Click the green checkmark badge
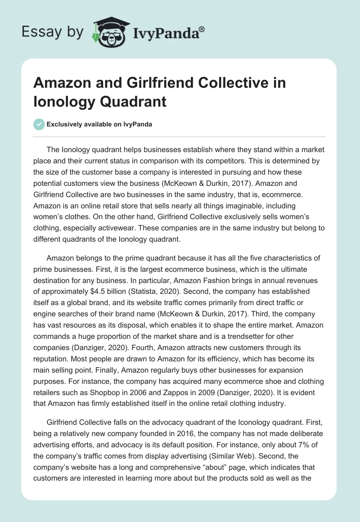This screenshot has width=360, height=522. click(39, 124)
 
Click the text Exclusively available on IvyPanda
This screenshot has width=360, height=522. click(100, 124)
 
